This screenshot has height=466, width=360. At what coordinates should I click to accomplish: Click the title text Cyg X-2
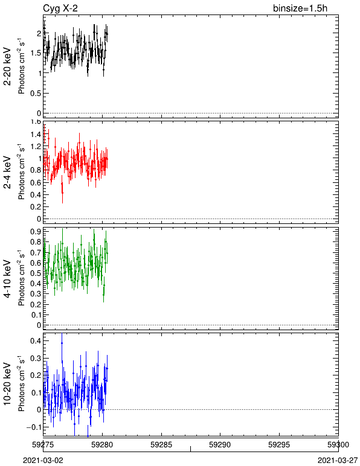(60, 8)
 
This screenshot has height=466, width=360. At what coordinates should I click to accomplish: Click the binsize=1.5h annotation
(300, 8)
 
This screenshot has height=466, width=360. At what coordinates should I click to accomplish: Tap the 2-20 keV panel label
(7, 66)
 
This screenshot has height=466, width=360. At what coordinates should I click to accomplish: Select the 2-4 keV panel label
(7, 173)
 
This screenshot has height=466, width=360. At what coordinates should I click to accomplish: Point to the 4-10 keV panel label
(7, 278)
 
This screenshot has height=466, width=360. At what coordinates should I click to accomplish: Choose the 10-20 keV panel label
(7, 384)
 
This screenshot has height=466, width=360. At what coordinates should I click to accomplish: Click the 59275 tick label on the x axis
(43, 445)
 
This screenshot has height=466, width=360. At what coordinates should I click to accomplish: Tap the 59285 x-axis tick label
(161, 445)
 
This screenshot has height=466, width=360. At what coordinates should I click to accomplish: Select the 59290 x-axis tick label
(220, 445)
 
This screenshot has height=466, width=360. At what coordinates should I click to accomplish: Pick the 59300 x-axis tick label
(338, 445)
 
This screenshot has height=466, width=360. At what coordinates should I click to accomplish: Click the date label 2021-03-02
(43, 461)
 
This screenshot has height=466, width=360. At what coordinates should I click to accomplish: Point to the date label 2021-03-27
(338, 461)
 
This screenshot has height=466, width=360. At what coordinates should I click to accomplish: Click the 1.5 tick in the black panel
(36, 53)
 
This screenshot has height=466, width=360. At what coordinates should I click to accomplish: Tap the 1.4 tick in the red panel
(36, 135)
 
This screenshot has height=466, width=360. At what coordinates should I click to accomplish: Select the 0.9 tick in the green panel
(36, 231)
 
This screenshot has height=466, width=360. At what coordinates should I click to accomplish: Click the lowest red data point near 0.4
(62, 193)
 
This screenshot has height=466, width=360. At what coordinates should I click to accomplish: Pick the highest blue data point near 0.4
(62, 343)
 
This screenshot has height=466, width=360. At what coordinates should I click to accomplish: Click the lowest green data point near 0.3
(103, 295)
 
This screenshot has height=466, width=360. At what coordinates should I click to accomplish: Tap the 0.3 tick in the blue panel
(36, 358)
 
